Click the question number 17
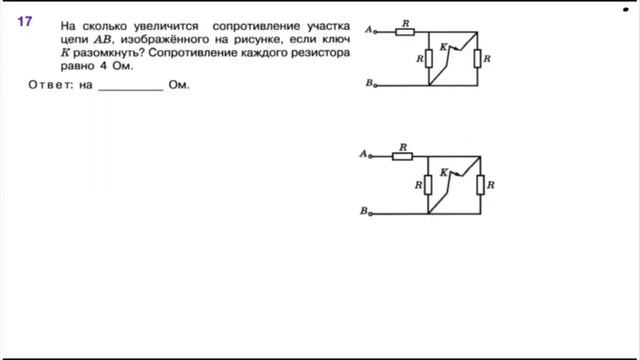(25, 21)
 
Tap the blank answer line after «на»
(130, 86)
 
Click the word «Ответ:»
(47, 86)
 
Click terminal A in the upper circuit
(373, 30)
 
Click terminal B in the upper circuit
(373, 85)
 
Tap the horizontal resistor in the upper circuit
(404, 31)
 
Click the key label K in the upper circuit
(442, 47)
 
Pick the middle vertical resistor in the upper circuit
(428, 59)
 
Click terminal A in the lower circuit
(371, 156)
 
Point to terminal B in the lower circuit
(371, 211)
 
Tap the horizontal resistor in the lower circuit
(403, 156)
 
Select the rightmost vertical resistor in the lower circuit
(480, 185)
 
